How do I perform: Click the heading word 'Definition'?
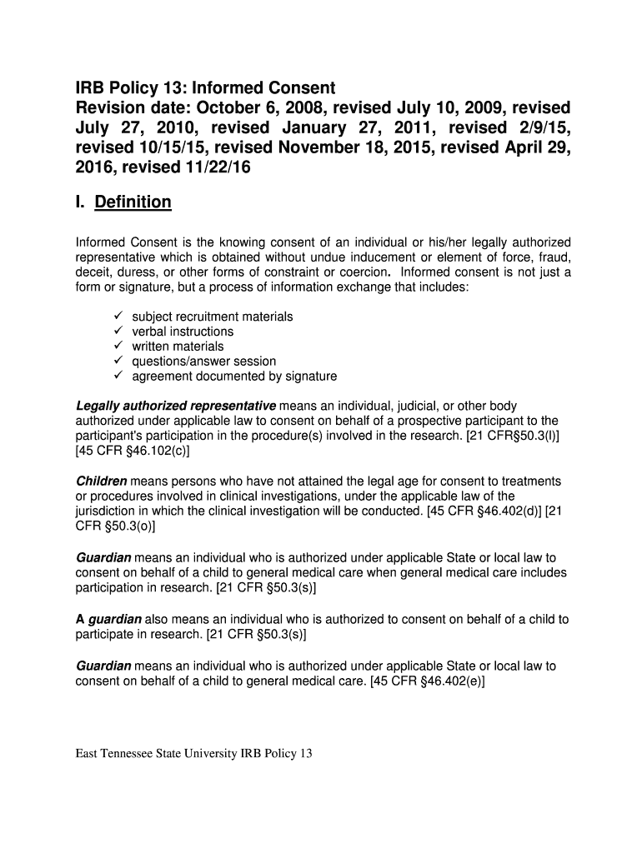click(133, 202)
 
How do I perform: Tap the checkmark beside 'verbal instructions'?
click(118, 332)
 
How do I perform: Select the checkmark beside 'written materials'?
click(118, 347)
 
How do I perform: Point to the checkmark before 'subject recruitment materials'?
click(118, 317)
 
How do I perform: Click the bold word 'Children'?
click(102, 481)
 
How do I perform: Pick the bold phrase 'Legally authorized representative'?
click(176, 406)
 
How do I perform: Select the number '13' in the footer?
click(305, 755)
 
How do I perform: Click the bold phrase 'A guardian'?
click(109, 619)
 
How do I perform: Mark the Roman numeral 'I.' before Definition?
click(82, 202)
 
